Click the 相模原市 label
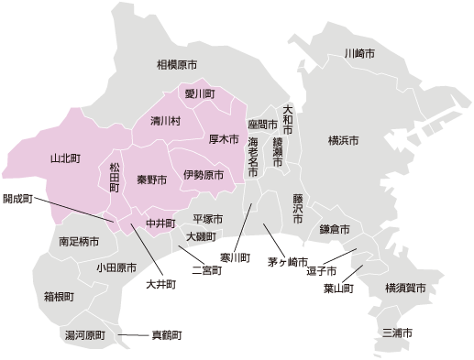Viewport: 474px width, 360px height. point(177,65)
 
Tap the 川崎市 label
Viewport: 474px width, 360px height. point(358,54)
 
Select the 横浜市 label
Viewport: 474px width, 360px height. point(344,140)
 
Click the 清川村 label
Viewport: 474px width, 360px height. point(166,121)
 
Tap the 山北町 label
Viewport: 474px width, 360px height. point(65,158)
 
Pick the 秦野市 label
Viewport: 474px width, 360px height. point(151,180)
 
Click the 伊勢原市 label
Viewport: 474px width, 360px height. point(203,174)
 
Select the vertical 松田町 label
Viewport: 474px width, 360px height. point(115,177)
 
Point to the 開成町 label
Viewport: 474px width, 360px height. point(17,198)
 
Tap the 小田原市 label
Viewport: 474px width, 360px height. point(116,267)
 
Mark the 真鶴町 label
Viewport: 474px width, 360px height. point(167,335)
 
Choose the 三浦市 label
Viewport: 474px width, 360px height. point(397,332)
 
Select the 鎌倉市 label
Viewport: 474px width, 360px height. point(335,229)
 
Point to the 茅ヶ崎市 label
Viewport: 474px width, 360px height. point(288,262)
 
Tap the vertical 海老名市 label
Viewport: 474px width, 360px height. point(253,158)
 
